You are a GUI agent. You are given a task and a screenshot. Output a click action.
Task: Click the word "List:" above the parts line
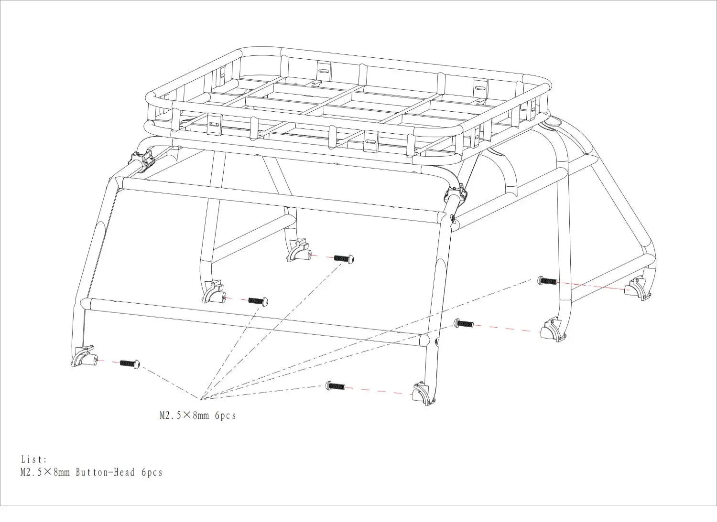[x=34, y=459]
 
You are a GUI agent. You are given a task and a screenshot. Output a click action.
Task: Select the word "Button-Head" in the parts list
[x=105, y=472]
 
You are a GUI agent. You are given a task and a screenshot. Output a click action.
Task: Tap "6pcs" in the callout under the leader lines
[x=225, y=416]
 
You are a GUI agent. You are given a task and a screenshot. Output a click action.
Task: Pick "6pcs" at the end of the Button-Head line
[x=152, y=472]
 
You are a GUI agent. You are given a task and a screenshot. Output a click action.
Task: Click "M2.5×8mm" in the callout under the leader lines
[x=185, y=415]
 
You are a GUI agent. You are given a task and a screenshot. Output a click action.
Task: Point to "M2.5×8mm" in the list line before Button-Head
[x=45, y=472]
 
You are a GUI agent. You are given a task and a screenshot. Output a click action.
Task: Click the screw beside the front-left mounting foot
[x=130, y=363]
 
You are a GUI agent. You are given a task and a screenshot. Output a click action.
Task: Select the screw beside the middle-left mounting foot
[x=258, y=301]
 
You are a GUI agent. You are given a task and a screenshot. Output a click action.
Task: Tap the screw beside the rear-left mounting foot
[x=344, y=258]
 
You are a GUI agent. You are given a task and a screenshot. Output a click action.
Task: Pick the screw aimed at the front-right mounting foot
[x=335, y=386]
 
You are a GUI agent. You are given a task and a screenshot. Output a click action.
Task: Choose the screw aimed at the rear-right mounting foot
[x=547, y=281]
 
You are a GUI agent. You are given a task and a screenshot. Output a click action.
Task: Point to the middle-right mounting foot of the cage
[x=553, y=330]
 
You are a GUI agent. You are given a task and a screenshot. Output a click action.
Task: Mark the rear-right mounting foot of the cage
[x=638, y=289]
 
